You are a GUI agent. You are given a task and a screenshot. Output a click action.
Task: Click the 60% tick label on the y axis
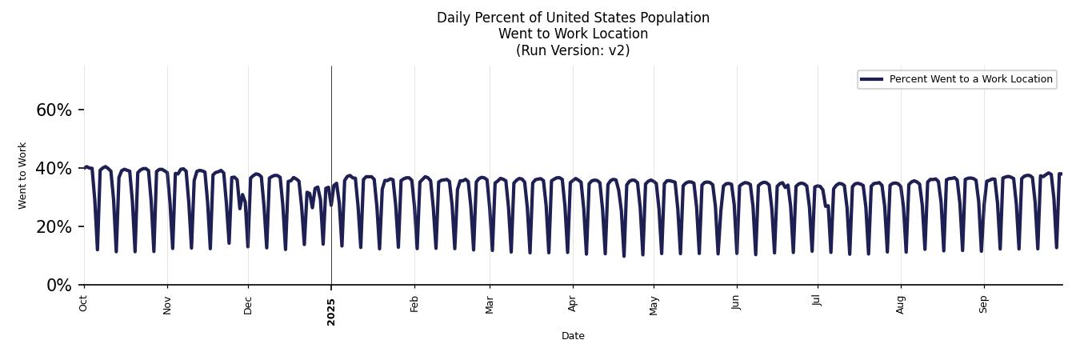[54, 110]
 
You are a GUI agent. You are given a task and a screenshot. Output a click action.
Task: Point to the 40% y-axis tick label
[54, 168]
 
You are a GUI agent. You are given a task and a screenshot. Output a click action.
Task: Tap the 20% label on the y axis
[54, 226]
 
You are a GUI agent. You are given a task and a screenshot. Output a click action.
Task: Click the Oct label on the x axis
[84, 302]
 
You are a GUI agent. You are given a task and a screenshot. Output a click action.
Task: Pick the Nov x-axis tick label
[167, 304]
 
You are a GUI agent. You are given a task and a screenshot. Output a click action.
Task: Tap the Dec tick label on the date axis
[248, 304]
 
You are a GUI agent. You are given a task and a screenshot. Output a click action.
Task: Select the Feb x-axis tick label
[414, 304]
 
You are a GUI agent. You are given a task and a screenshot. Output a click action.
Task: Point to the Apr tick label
[573, 304]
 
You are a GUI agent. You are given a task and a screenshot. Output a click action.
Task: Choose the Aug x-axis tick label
[901, 304]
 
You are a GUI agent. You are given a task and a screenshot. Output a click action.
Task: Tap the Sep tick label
[984, 304]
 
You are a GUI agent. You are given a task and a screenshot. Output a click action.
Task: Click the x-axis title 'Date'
[573, 336]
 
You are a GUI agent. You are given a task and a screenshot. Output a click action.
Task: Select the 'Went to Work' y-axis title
[22, 175]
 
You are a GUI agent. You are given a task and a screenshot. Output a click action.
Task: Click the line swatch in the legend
[871, 79]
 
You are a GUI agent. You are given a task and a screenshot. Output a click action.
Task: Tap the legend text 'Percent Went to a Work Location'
[970, 79]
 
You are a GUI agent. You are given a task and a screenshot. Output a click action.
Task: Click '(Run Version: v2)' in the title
[573, 50]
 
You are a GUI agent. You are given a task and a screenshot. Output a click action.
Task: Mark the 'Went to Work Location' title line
[573, 34]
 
